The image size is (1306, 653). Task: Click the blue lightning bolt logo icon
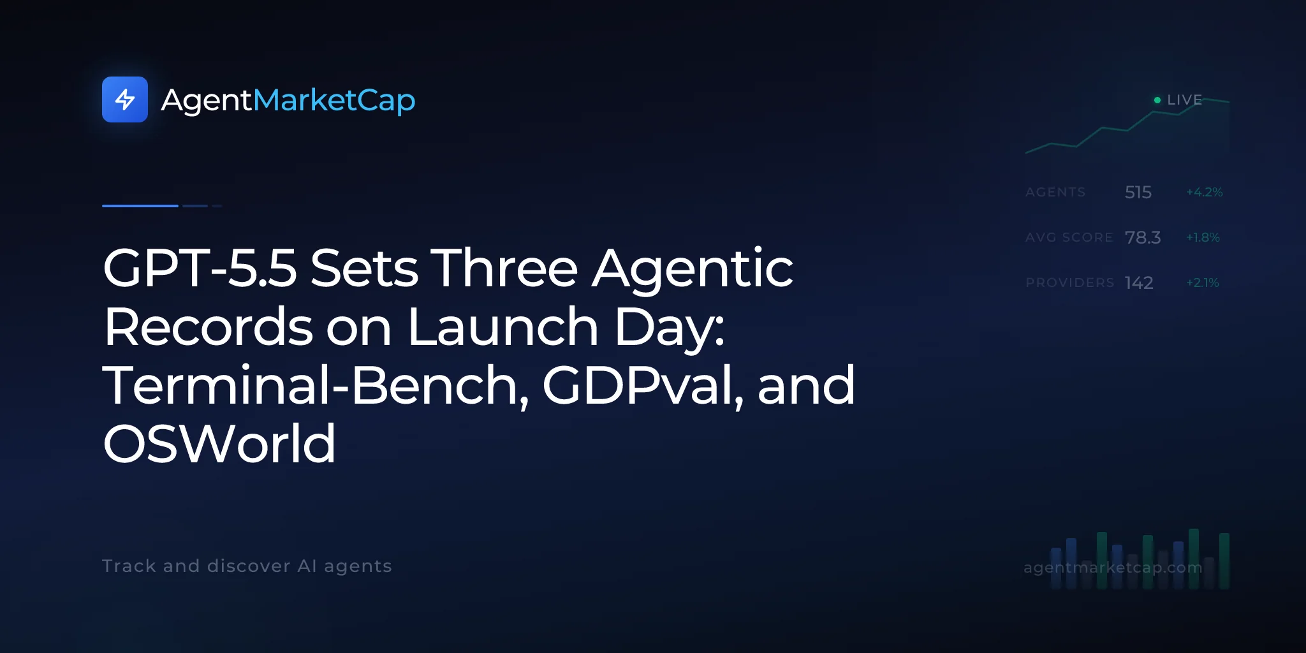pos(125,99)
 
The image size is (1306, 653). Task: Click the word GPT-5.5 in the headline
pos(200,268)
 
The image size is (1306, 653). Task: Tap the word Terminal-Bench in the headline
pos(316,386)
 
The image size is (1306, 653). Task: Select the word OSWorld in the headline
pos(219,444)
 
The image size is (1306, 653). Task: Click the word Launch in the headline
pos(503,326)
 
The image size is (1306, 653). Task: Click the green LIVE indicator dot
pos(1157,100)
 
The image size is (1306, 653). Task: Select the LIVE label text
pos(1184,100)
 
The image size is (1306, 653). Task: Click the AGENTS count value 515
pos(1138,192)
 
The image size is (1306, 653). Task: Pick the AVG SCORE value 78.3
pos(1143,237)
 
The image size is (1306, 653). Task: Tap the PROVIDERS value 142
pos(1139,282)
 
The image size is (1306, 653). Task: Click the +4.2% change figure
pos(1204,192)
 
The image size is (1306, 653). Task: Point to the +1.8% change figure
pos(1203,237)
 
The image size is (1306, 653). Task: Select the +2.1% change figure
pos(1202,282)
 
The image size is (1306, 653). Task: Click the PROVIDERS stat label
pos(1070,282)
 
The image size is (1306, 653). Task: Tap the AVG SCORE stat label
pos(1069,237)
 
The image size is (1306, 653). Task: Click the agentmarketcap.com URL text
pos(1113,567)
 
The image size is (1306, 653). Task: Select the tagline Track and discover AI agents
pos(247,566)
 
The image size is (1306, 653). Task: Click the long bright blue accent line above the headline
pos(140,205)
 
